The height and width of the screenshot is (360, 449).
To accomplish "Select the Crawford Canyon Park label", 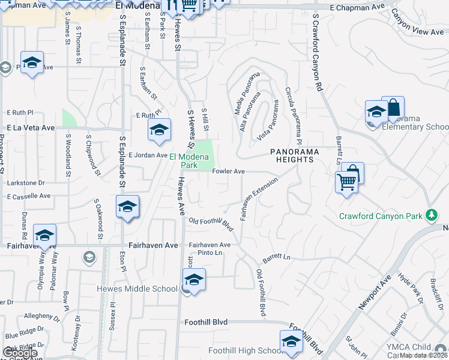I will [381, 216].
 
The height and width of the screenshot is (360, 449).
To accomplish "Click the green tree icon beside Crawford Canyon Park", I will [430, 215].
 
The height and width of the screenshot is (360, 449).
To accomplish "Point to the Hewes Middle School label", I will [137, 289].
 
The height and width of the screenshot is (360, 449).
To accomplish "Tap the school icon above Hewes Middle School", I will [194, 280].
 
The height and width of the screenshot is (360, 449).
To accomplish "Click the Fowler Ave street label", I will [229, 172].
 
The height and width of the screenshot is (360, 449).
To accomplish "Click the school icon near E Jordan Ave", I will [159, 130].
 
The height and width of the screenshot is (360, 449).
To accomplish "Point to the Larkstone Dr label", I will [26, 182].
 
